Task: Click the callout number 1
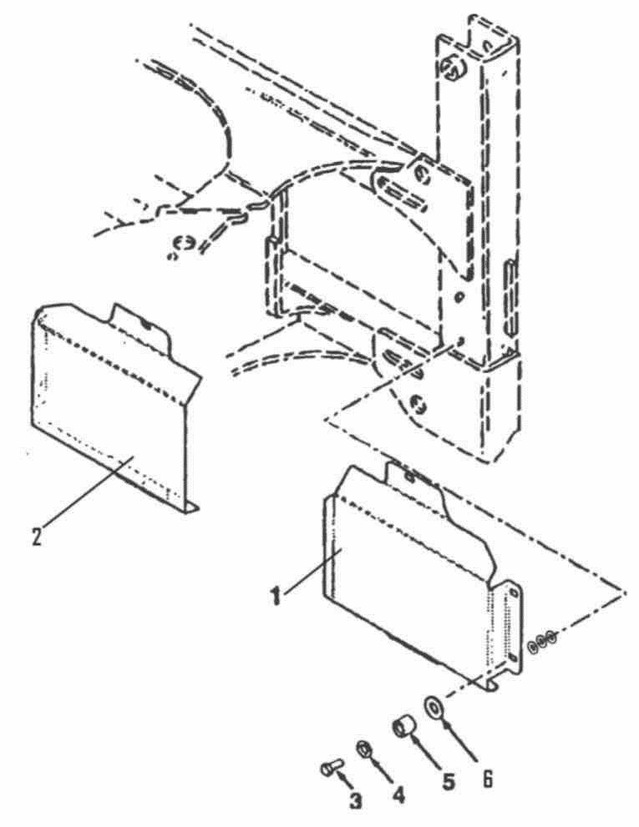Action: click(x=275, y=597)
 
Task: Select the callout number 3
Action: click(x=355, y=800)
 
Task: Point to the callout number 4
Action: click(x=399, y=794)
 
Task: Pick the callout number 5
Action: click(x=448, y=780)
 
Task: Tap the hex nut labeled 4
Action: click(x=363, y=748)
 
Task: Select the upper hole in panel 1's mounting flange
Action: click(x=513, y=593)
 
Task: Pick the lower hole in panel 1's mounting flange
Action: click(x=512, y=658)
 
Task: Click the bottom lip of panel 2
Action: click(x=191, y=508)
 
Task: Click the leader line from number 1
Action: click(x=312, y=572)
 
